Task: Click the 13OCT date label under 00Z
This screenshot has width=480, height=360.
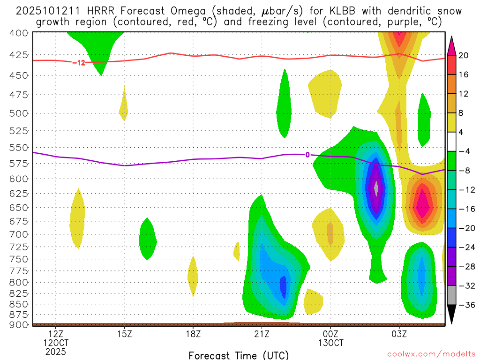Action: [330, 342]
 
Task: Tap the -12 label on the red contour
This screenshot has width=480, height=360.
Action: [79, 62]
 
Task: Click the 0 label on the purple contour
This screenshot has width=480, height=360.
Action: [307, 155]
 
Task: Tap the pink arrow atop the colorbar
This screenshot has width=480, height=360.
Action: [452, 45]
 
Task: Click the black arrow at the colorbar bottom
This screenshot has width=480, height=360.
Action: [452, 315]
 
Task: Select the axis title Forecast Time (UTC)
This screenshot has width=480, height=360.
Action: [239, 355]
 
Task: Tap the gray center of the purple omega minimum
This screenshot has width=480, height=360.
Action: [376, 187]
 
